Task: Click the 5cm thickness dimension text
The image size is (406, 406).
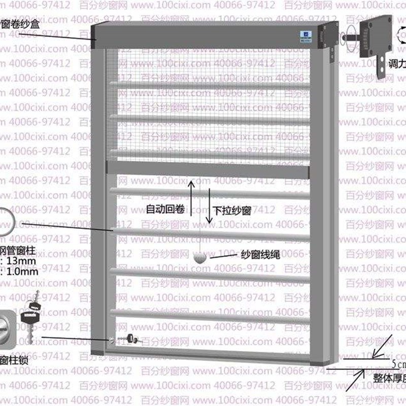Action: click(x=398, y=364)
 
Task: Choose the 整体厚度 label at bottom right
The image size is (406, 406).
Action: click(x=389, y=378)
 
